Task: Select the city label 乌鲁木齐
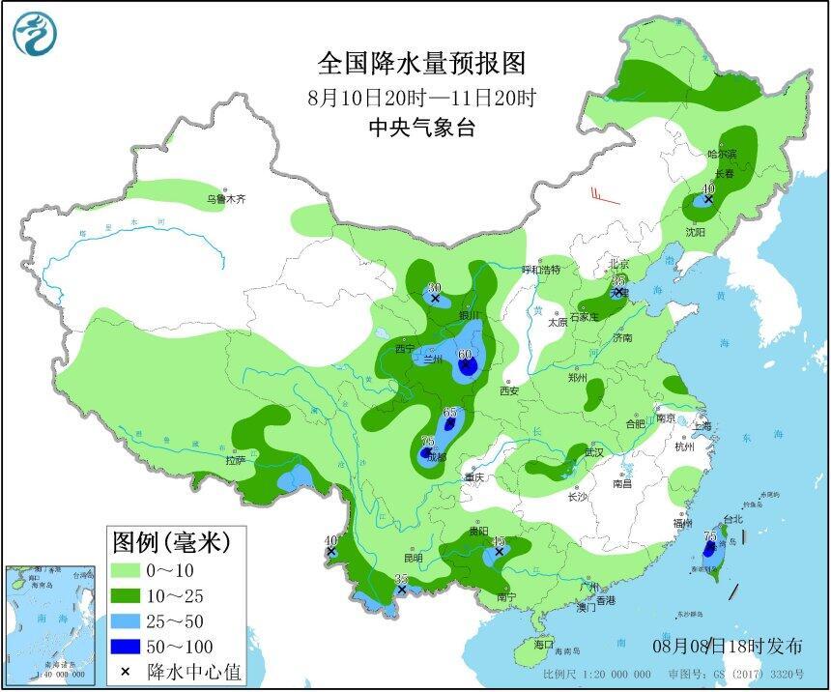pyautogui.click(x=226, y=199)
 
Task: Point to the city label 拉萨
pyautogui.click(x=236, y=461)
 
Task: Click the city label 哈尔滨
pyautogui.click(x=721, y=154)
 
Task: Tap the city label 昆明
pyautogui.click(x=414, y=558)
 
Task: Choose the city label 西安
pyautogui.click(x=509, y=390)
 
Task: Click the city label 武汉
pyautogui.click(x=592, y=451)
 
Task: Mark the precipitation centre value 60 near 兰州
pyautogui.click(x=465, y=356)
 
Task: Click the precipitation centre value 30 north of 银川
pyautogui.click(x=434, y=288)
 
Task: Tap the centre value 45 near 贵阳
pyautogui.click(x=499, y=542)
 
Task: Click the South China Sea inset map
pyautogui.click(x=51, y=623)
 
